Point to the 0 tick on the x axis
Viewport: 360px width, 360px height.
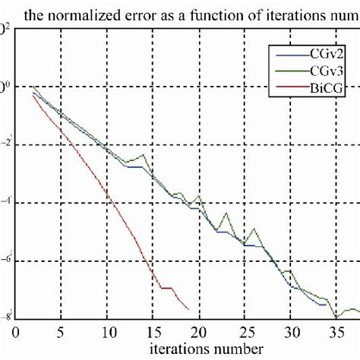(x=15, y=332)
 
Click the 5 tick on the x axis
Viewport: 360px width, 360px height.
(x=61, y=332)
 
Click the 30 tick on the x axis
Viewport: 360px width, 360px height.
(x=292, y=332)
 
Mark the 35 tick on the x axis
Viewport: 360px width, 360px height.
(x=338, y=332)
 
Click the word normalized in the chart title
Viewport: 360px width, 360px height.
(x=90, y=13)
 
